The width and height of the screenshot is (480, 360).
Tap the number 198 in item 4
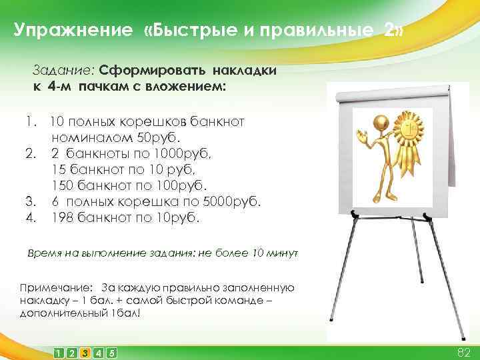[62, 217]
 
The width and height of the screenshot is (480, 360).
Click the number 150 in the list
[62, 185]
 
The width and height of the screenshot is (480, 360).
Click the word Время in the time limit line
[43, 254]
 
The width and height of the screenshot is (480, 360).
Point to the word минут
[283, 254]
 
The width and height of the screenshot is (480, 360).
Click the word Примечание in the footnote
[57, 288]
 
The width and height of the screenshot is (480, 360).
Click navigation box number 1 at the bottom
[59, 353]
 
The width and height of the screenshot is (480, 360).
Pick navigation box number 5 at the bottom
[111, 353]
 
